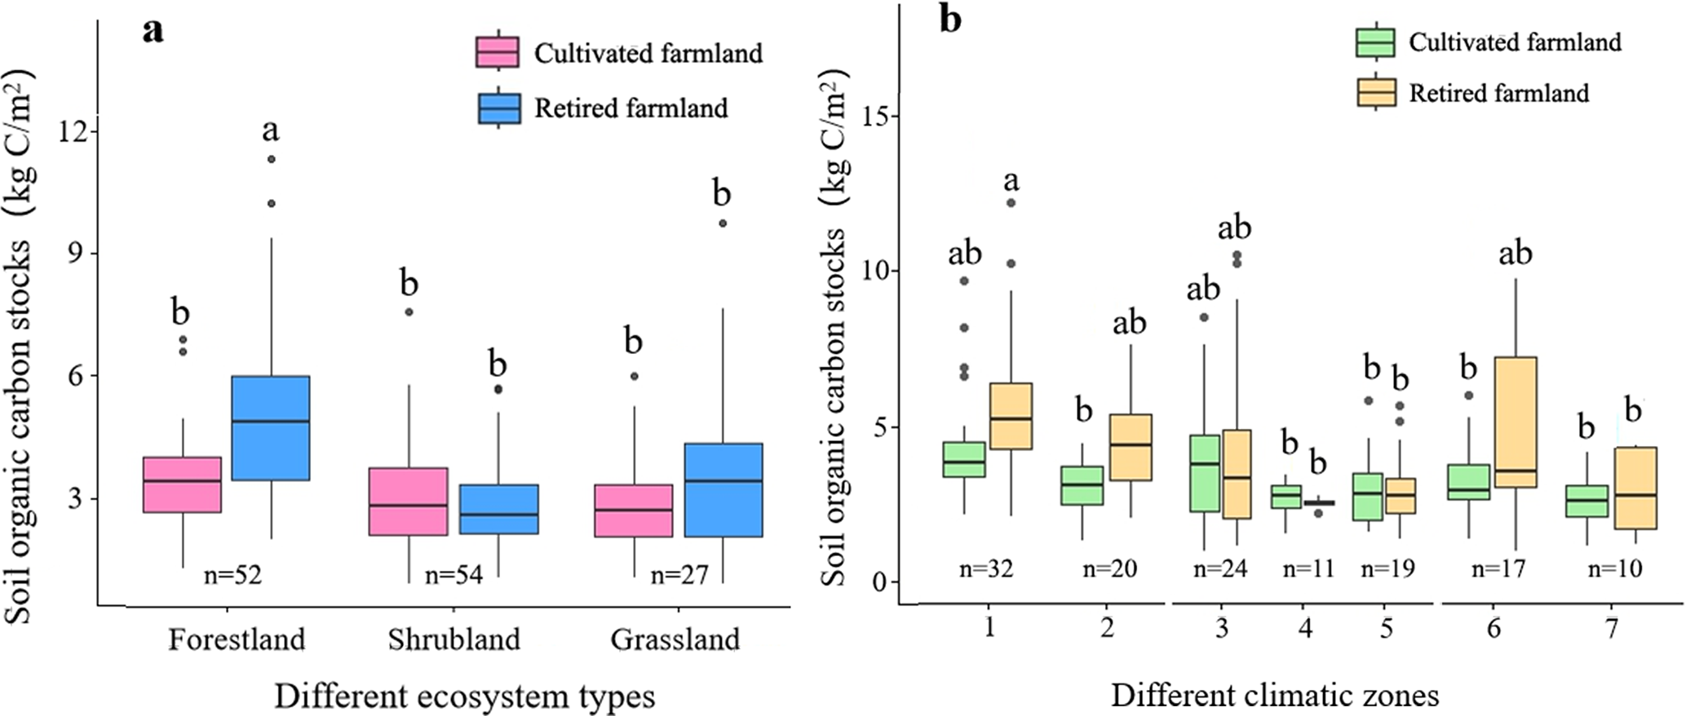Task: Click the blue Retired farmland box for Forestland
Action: pyautogui.click(x=271, y=427)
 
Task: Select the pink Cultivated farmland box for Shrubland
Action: pyautogui.click(x=408, y=501)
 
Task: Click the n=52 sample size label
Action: pyautogui.click(x=232, y=575)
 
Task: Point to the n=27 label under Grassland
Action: pyautogui.click(x=679, y=575)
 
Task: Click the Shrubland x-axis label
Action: pyautogui.click(x=454, y=639)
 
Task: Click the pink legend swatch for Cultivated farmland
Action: pyautogui.click(x=498, y=51)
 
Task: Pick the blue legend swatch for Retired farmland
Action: pyautogui.click(x=498, y=108)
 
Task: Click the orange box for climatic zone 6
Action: pyautogui.click(x=1516, y=422)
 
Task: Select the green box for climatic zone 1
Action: pyautogui.click(x=963, y=459)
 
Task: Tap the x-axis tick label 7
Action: pyautogui.click(x=1612, y=629)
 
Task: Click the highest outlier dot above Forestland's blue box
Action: pyautogui.click(x=272, y=159)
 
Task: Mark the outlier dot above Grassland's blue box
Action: pyautogui.click(x=723, y=223)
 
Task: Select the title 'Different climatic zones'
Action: pyautogui.click(x=1274, y=696)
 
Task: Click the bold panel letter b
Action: pyautogui.click(x=949, y=20)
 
